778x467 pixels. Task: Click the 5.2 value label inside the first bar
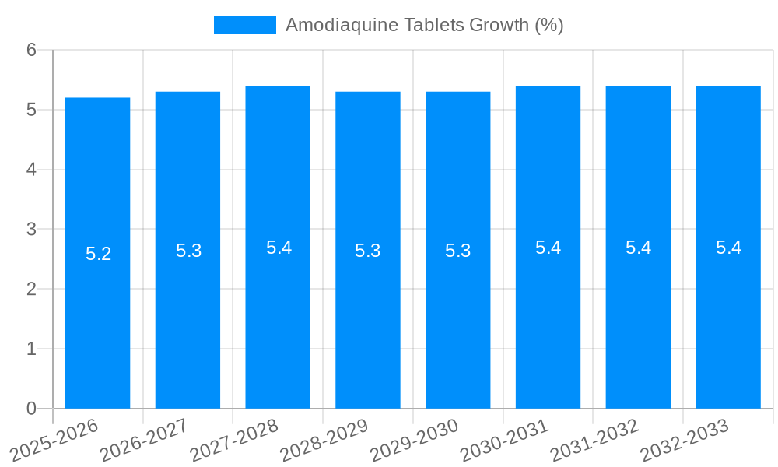pyautogui.click(x=98, y=254)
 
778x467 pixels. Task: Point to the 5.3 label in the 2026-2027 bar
pyautogui.click(x=188, y=251)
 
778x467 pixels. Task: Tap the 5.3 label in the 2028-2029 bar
pyautogui.click(x=368, y=251)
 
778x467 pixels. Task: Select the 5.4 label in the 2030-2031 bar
pyautogui.click(x=548, y=248)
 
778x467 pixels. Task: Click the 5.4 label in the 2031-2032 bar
pyautogui.click(x=638, y=248)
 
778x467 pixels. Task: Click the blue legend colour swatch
pyautogui.click(x=244, y=25)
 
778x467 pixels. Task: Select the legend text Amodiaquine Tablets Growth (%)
pyautogui.click(x=424, y=25)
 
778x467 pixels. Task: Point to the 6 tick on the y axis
pyautogui.click(x=31, y=50)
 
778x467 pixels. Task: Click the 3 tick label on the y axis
pyautogui.click(x=31, y=230)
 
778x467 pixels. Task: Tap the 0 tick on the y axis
pyautogui.click(x=31, y=409)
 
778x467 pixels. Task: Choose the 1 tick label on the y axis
pyautogui.click(x=31, y=349)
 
